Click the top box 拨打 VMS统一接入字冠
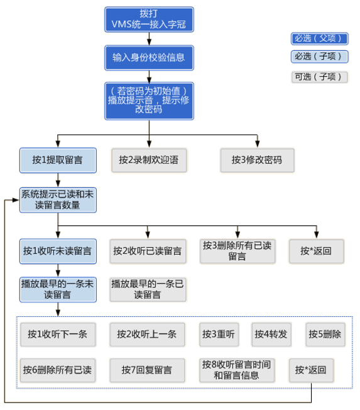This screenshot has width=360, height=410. coord(148,19)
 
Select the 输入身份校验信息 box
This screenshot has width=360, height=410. coord(148,57)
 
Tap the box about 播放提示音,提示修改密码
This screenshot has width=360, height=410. coord(148,99)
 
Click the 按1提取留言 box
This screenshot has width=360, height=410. coord(57,160)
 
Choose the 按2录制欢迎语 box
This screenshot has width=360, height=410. coord(148,160)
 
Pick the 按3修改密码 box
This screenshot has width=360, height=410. coord(256,160)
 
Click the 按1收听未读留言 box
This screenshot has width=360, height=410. coord(57,250)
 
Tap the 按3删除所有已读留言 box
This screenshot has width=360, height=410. coord(237,250)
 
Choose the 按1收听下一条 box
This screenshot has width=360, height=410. coord(57,334)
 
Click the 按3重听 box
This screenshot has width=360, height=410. coord(219,334)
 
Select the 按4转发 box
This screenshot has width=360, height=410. coord(271,334)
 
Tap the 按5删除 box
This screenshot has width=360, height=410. coord(325,334)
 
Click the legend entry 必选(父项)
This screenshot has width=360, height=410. coord(319,38)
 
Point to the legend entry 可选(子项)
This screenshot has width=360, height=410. coord(319,77)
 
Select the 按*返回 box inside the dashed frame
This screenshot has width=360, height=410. coord(311,370)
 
